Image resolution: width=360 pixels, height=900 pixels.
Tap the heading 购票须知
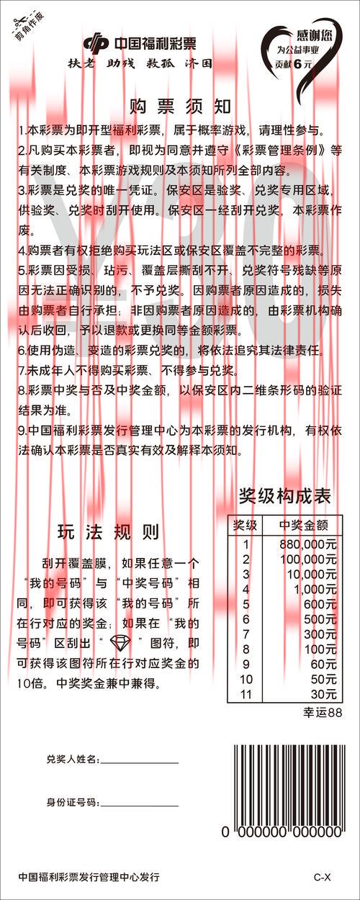pos(181,107)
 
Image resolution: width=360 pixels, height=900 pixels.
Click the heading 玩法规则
pos(108,533)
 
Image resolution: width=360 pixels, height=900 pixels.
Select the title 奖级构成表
pos(285,496)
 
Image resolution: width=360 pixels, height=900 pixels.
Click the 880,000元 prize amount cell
pos(308,544)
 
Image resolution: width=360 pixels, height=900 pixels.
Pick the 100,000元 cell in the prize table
pos(308,559)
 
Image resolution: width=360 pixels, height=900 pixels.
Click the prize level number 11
pos(246,694)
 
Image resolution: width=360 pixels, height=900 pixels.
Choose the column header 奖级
pos(245,525)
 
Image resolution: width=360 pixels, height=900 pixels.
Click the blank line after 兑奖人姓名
pos(138,760)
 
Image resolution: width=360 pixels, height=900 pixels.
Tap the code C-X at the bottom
pos(322,877)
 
